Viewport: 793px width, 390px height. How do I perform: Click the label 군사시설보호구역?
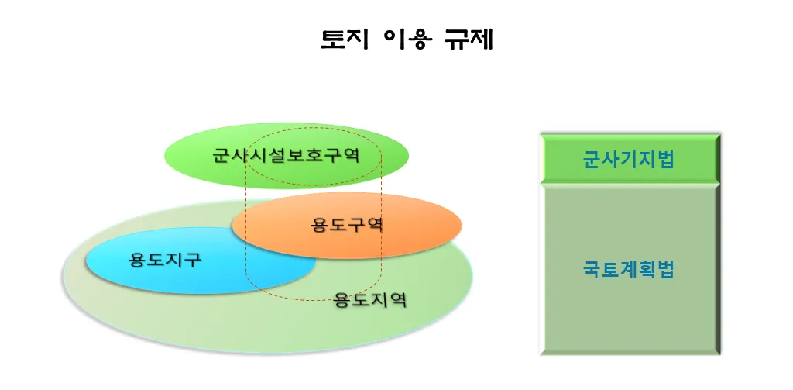click(287, 154)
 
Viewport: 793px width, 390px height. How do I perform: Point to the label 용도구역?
click(347, 224)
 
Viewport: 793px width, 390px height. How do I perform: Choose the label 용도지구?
click(165, 261)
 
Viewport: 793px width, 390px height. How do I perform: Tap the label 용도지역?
click(370, 300)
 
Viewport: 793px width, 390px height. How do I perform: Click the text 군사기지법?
click(629, 160)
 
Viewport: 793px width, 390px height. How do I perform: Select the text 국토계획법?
click(629, 270)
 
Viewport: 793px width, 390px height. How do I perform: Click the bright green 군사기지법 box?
click(630, 158)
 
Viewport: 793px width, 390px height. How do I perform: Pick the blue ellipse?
click(201, 261)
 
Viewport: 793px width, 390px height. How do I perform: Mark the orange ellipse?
click(347, 226)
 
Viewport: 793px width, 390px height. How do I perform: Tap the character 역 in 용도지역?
click(398, 300)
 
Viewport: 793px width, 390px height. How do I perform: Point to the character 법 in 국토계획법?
click(665, 270)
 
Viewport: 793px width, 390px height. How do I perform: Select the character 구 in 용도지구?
click(193, 261)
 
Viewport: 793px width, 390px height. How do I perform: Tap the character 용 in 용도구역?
click(320, 224)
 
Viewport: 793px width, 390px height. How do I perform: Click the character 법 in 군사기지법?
click(665, 160)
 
